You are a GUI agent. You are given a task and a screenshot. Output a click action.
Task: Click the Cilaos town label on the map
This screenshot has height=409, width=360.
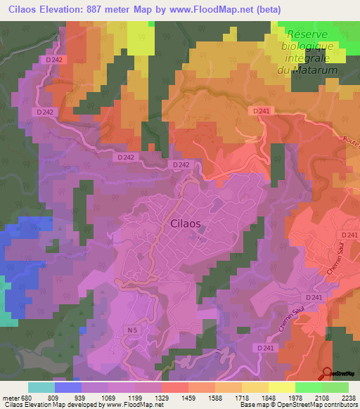(x=186, y=223)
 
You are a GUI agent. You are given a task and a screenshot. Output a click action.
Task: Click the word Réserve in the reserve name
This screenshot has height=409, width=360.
(x=308, y=34)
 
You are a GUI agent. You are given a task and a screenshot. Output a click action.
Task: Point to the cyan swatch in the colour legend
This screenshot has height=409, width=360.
(x=41, y=387)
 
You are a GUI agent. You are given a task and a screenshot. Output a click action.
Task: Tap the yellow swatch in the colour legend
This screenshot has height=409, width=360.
(x=281, y=387)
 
